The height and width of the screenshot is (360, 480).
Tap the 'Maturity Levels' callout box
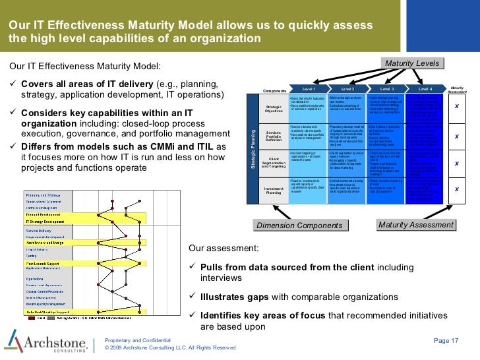coord(412,63)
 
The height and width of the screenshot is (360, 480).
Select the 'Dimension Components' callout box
coord(299,226)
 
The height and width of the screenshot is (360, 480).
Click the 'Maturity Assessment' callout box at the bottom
coord(415,225)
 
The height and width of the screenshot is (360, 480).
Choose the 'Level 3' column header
coord(387,88)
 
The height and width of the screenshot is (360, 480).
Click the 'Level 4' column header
coord(425,88)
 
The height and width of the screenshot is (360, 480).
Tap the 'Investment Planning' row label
coord(274,190)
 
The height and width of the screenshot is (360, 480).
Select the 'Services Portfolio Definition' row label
coord(274,136)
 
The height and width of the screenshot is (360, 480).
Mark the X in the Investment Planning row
coord(456,190)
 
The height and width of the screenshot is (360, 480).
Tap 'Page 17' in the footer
coord(446,340)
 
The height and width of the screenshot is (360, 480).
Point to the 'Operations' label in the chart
coord(36,279)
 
